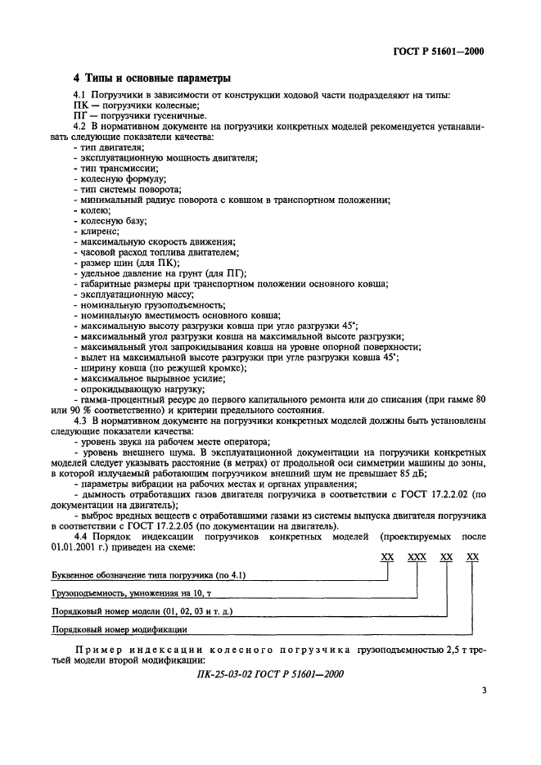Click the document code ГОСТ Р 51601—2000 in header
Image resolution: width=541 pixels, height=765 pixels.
[x=439, y=52]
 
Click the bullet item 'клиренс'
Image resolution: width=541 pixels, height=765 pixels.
[x=100, y=232]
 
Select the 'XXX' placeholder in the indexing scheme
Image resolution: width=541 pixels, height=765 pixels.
[x=417, y=556]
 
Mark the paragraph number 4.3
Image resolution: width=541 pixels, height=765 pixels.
[x=81, y=420]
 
